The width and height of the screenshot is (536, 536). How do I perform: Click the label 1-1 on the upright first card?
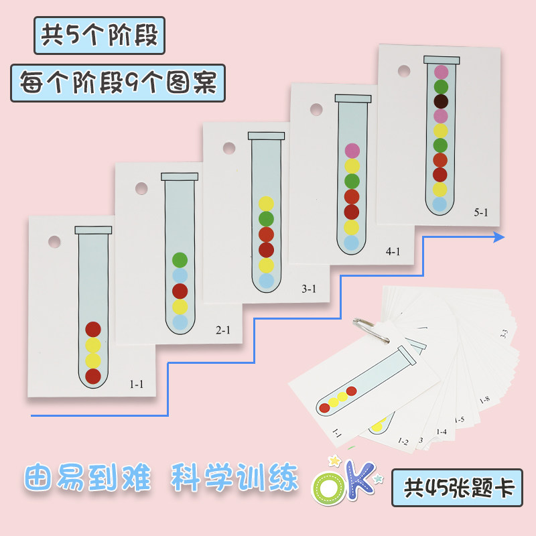pos(137,384)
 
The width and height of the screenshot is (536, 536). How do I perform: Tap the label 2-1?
pos(223,330)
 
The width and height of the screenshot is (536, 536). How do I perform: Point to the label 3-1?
pos(310,289)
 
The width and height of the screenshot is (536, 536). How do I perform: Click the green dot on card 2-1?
pos(180,260)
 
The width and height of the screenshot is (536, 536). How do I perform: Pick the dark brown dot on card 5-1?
pos(441,102)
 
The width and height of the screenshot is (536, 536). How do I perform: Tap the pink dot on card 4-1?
pos(352,151)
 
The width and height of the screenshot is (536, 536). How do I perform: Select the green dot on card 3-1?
pos(266,218)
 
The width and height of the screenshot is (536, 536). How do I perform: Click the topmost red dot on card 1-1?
pos(93,330)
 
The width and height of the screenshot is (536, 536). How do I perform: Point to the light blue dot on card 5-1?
pos(440,204)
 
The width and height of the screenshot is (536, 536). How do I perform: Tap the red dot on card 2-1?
pos(180,291)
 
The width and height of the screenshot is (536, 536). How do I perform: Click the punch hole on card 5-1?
pos(403,70)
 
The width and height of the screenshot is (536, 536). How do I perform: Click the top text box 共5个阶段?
pos(99,35)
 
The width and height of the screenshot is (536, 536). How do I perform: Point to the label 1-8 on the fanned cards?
pos(484,401)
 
